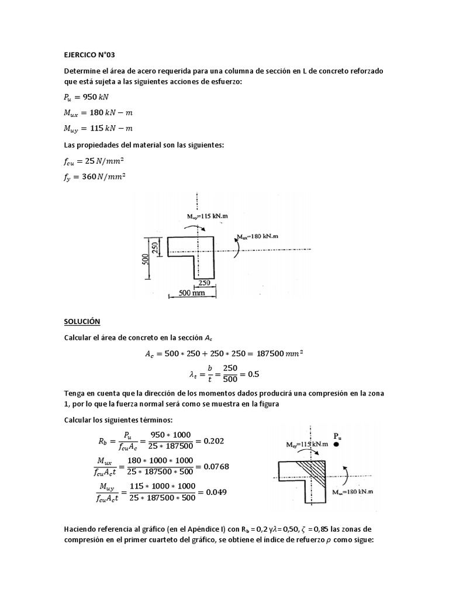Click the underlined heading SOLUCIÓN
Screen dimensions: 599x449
82,322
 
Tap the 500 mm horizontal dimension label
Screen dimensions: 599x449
192,294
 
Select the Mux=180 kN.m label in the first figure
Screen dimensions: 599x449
261,236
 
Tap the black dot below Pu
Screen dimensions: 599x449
337,445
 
